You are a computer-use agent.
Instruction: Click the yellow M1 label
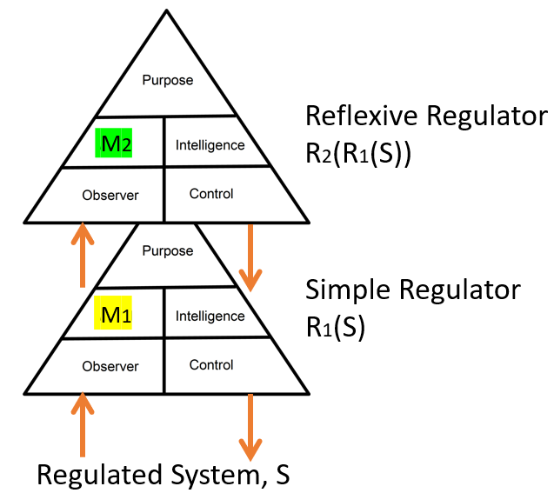[x=117, y=315]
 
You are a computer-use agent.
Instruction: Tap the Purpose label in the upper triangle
[x=168, y=81]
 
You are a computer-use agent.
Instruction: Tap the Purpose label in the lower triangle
[x=167, y=251]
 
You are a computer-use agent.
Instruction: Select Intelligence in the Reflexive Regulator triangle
[x=210, y=145]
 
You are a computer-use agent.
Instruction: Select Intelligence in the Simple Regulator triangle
[x=210, y=316]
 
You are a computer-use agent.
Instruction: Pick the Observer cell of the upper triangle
[x=110, y=195]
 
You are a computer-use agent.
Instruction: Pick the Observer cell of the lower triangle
[x=110, y=366]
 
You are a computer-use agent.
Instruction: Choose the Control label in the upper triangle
[x=211, y=194]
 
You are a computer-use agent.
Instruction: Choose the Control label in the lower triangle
[x=211, y=365]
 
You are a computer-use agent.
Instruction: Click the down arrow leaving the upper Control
[x=250, y=257]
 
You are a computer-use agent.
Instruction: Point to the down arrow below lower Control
[x=250, y=427]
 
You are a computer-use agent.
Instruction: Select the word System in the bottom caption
[x=211, y=476]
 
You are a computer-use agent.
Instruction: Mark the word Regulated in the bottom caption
[x=93, y=476]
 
